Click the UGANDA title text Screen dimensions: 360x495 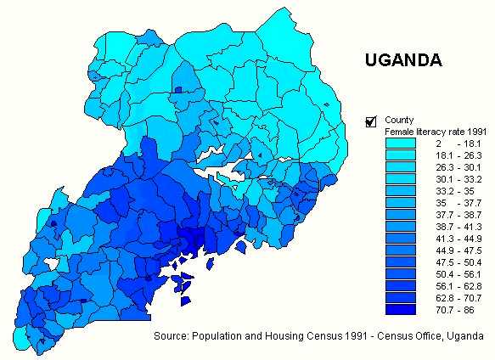tap(402, 60)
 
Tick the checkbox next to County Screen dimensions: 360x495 tap(370, 121)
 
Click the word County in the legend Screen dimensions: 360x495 tap(399, 120)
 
